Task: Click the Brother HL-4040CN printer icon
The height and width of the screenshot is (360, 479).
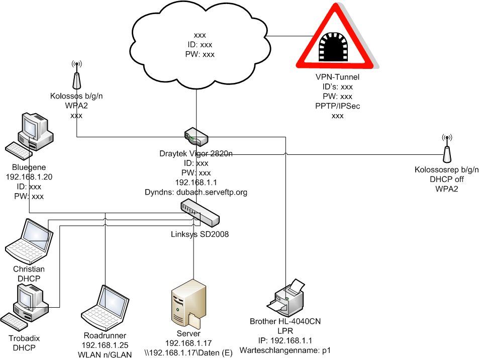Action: pos(288,300)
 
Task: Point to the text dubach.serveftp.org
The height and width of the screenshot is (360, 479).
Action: pos(221,192)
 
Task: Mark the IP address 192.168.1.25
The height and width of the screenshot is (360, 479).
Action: pos(105,345)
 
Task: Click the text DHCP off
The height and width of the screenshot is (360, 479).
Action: pos(447,180)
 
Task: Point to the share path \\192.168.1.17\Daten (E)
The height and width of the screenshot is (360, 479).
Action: pos(189,354)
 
